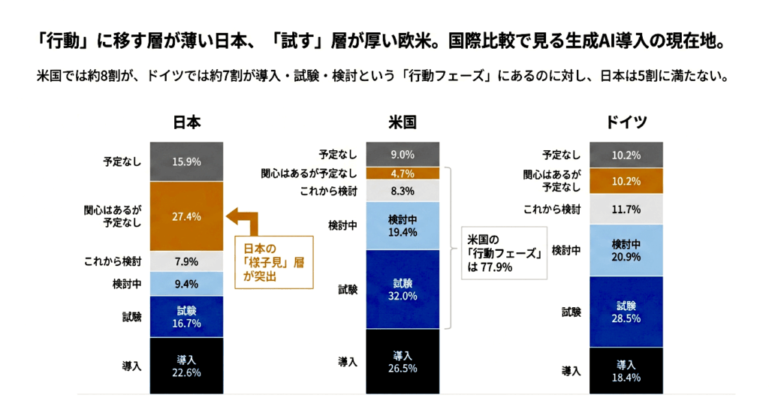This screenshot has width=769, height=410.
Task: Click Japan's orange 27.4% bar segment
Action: (187, 216)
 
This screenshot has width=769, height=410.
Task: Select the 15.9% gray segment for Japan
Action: (187, 161)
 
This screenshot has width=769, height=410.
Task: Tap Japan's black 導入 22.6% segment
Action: (187, 366)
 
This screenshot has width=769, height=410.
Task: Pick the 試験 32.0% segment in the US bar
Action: (403, 289)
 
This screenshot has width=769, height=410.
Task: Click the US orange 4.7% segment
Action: (403, 173)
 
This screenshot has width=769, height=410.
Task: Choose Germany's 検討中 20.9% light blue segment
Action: (626, 250)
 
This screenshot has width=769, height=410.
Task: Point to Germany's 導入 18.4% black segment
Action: (626, 370)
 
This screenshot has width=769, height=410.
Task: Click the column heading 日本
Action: (187, 122)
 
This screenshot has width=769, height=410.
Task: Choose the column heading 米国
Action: (403, 122)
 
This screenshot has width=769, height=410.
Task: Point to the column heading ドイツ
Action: (626, 122)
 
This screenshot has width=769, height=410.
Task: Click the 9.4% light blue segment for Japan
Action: (187, 284)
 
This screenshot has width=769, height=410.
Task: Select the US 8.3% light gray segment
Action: (403, 191)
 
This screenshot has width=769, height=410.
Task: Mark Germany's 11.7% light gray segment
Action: (626, 209)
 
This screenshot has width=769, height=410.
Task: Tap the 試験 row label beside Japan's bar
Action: (131, 317)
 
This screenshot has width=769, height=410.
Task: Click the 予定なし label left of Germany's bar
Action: (561, 155)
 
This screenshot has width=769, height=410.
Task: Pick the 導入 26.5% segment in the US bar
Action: (403, 361)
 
